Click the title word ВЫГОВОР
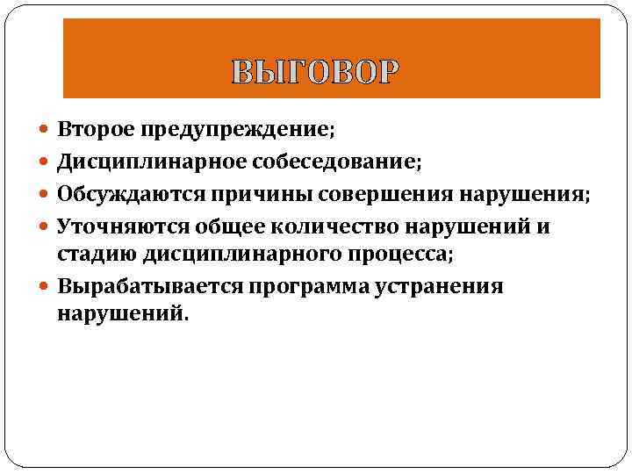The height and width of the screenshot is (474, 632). click(x=315, y=70)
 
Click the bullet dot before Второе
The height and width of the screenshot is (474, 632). click(x=46, y=130)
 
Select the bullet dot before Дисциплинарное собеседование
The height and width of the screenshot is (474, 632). click(x=46, y=162)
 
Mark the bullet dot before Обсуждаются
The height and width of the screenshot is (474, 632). click(x=46, y=194)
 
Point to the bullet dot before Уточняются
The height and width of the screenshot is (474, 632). click(x=46, y=226)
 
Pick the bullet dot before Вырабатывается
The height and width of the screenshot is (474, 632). click(x=46, y=287)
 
